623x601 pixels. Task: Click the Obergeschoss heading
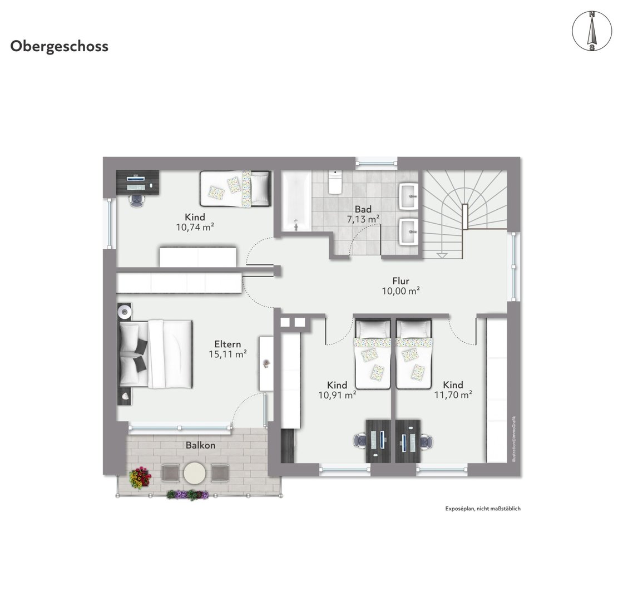pos(59,47)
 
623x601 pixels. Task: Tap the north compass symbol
pos(592,31)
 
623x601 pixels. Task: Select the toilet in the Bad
pos(335,183)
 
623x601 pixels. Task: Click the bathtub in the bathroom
pos(296,201)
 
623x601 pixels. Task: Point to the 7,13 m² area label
pos(363,219)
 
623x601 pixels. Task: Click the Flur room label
pos(400,280)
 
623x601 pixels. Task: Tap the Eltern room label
pos(228,344)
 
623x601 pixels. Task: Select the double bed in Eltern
pos(156,354)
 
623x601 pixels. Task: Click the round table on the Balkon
pos(195,472)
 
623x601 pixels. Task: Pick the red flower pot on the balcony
pos(140,477)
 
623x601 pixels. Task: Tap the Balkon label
pos(200,445)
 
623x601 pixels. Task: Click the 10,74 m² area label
pos(195,228)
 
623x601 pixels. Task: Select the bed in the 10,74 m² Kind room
pos(235,189)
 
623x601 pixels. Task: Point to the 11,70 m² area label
pos(453,395)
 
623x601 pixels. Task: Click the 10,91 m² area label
pos(337,395)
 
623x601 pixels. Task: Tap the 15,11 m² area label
pos(228,354)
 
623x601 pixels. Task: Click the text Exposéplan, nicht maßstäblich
pos(483,509)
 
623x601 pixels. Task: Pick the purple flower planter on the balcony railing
pos(187,495)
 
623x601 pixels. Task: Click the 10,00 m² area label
pos(401,291)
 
